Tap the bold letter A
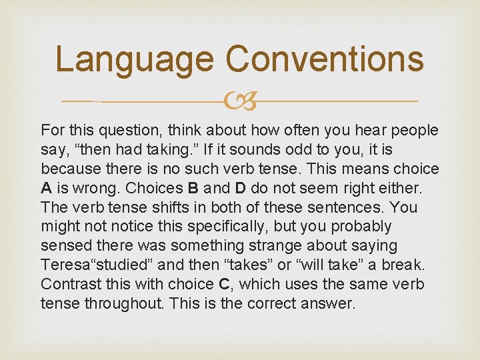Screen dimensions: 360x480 pyautogui.click(x=47, y=188)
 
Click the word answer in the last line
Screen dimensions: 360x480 pyautogui.click(x=331, y=303)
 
